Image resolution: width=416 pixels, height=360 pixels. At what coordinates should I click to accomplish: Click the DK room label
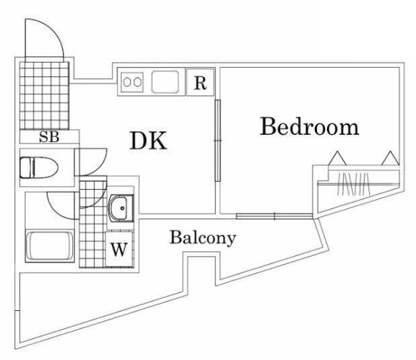click(x=148, y=141)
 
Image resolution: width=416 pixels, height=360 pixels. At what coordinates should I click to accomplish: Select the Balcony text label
click(x=203, y=237)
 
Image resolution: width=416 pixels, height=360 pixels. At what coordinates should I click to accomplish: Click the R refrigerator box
click(x=200, y=82)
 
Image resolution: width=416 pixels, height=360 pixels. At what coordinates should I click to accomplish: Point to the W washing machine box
click(x=120, y=252)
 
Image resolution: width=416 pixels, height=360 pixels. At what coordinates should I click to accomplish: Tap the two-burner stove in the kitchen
click(x=133, y=82)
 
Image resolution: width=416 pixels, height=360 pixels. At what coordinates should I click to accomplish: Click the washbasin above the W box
click(x=120, y=208)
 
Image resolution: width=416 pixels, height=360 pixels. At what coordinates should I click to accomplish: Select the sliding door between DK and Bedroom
click(x=217, y=141)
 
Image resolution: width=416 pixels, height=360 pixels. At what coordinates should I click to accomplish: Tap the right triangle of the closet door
click(x=389, y=158)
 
